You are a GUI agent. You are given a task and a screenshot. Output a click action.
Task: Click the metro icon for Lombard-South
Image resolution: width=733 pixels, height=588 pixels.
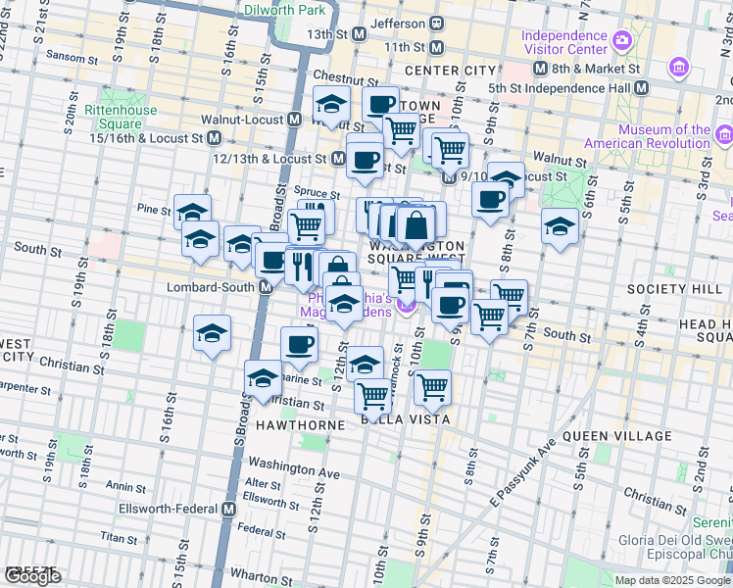[x=265, y=287]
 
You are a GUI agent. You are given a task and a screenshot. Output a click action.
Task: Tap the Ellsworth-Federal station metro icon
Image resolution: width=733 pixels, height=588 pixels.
[x=228, y=510]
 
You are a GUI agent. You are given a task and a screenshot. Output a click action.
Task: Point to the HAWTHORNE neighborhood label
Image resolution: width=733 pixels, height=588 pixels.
[x=301, y=425]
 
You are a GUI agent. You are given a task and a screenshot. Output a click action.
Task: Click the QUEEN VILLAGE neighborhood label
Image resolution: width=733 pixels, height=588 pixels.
[x=615, y=436]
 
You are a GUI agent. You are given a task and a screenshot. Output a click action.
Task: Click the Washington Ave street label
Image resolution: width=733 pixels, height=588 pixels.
[x=293, y=469]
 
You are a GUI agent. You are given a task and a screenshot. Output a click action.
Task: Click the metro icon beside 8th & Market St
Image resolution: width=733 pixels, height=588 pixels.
[x=539, y=70]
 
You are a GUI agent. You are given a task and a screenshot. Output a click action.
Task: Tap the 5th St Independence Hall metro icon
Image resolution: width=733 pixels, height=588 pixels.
[x=641, y=87]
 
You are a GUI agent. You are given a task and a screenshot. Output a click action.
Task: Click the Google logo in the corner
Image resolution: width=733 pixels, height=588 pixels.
[x=32, y=576]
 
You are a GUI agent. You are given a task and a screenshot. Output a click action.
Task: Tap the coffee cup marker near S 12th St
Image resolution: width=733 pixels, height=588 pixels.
[x=299, y=343]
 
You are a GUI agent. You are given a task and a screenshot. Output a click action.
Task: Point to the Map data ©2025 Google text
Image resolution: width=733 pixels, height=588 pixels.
[x=672, y=580]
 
